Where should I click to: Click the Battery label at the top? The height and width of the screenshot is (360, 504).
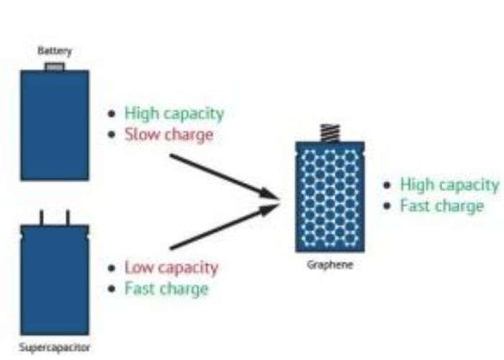click(55, 52)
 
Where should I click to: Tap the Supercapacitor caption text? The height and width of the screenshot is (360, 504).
click(55, 347)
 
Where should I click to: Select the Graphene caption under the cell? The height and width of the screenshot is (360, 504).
click(330, 264)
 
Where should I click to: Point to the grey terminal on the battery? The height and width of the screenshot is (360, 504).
click(55, 67)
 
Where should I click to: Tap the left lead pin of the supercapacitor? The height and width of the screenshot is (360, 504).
click(42, 217)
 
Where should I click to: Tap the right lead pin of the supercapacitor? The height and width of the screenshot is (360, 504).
click(68, 217)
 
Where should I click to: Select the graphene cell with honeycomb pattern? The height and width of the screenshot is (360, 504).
click(330, 196)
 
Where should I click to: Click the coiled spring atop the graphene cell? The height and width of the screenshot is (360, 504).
click(330, 133)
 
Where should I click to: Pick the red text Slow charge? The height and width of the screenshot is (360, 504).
click(168, 135)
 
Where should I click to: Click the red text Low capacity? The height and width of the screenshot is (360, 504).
click(171, 268)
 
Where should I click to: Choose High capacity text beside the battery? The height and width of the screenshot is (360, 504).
click(174, 113)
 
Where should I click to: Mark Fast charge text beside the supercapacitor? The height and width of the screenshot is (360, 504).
click(166, 289)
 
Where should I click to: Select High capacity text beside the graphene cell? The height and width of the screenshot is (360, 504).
click(449, 184)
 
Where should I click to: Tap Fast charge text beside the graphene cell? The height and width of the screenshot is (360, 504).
click(442, 206)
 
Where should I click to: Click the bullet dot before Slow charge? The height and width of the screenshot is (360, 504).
click(111, 135)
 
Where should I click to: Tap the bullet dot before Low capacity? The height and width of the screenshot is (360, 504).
click(111, 269)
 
